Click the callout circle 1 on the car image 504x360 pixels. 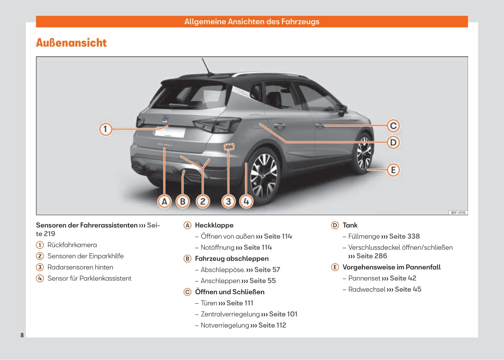pyautogui.click(x=106, y=129)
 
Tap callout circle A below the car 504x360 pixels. pyautogui.click(x=165, y=201)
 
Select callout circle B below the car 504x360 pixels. pyautogui.click(x=183, y=201)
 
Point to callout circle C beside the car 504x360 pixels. pyautogui.click(x=393, y=126)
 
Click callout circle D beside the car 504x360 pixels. pyautogui.click(x=393, y=143)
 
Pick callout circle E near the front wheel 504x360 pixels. pyautogui.click(x=393, y=170)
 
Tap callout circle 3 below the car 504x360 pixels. pyautogui.click(x=228, y=201)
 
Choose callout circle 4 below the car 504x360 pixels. pyautogui.click(x=247, y=201)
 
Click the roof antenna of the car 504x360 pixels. pyautogui.click(x=207, y=66)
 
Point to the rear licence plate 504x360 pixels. pyautogui.click(x=170, y=132)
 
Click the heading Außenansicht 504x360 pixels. pyautogui.click(x=71, y=43)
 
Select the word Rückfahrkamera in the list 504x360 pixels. pyautogui.click(x=72, y=245)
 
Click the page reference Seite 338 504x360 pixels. pyautogui.click(x=404, y=236)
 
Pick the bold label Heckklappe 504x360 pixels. pyautogui.click(x=214, y=225)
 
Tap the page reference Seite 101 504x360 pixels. pyautogui.click(x=283, y=314)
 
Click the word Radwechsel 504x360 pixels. pyautogui.click(x=367, y=289)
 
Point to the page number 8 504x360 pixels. pyautogui.click(x=22, y=335)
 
